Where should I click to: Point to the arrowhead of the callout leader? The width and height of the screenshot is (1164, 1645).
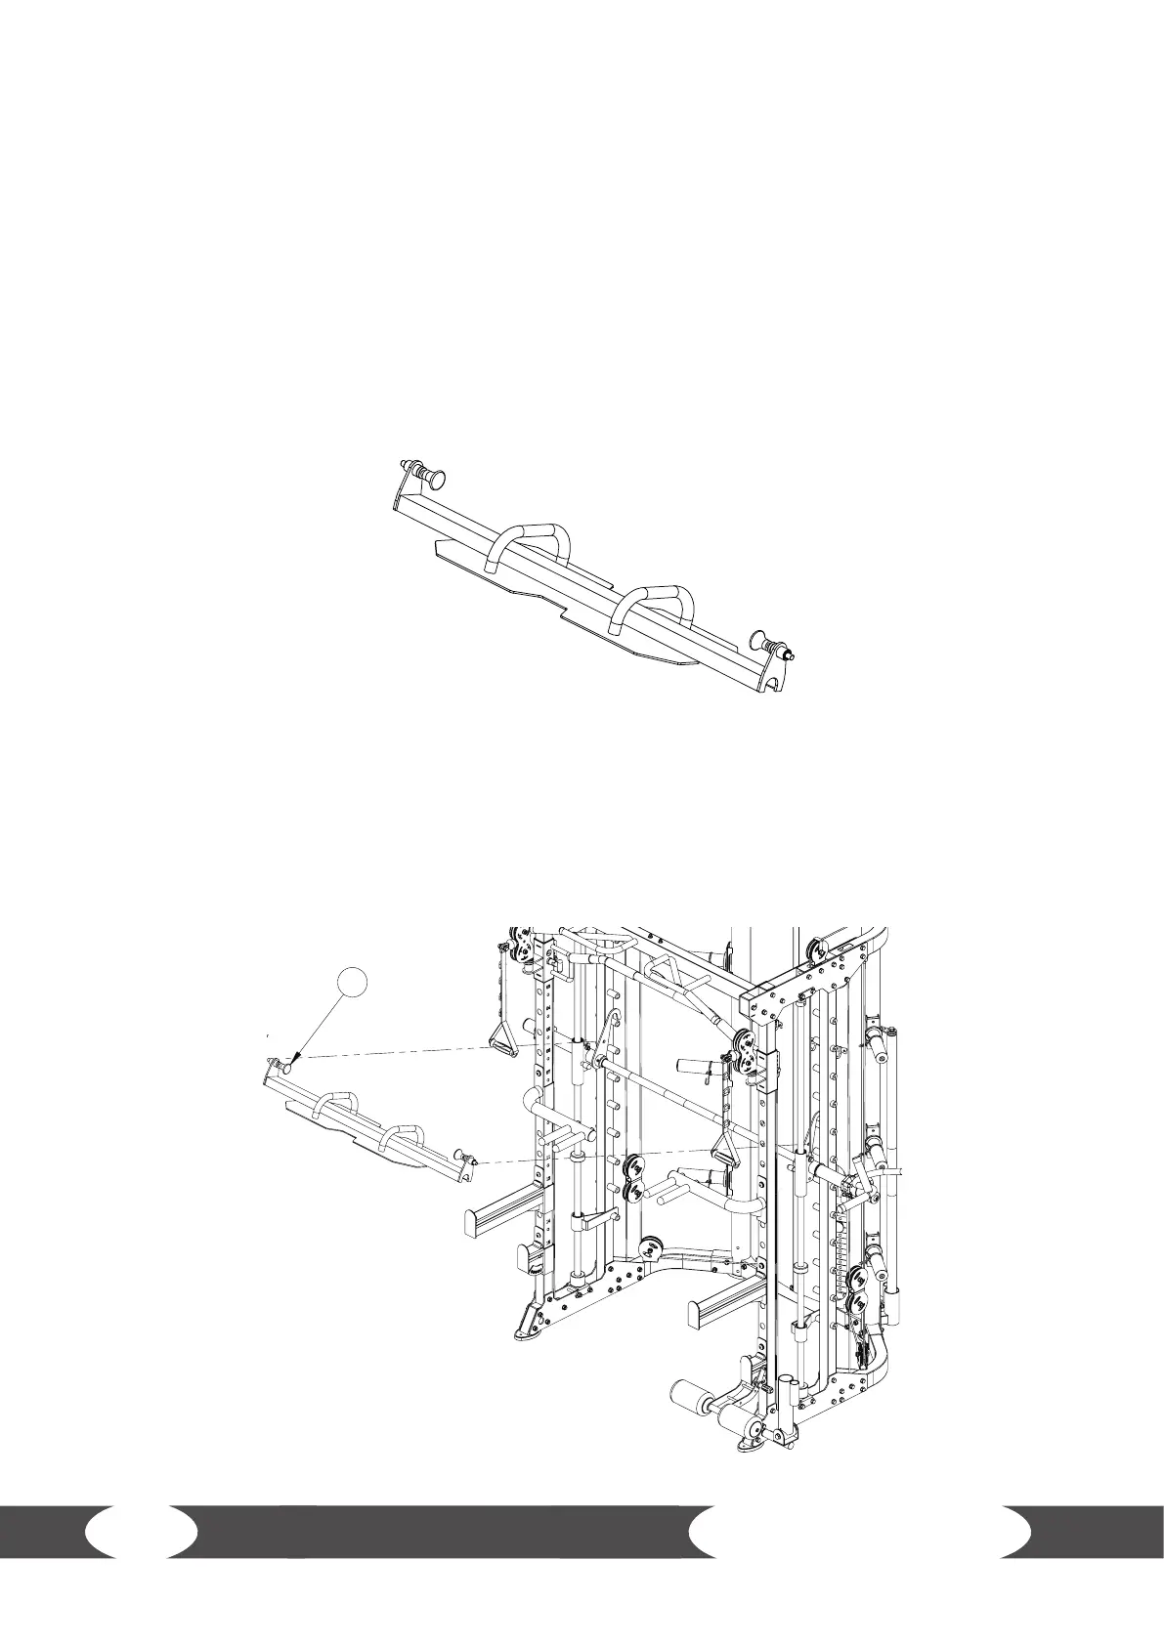coord(293,1060)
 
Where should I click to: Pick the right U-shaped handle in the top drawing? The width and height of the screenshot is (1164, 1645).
coord(652,605)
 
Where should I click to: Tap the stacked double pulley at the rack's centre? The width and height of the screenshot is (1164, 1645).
coord(634,1177)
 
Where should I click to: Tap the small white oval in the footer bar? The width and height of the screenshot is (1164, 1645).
coord(141,1532)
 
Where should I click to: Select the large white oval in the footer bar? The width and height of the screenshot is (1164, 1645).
coord(859,1532)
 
